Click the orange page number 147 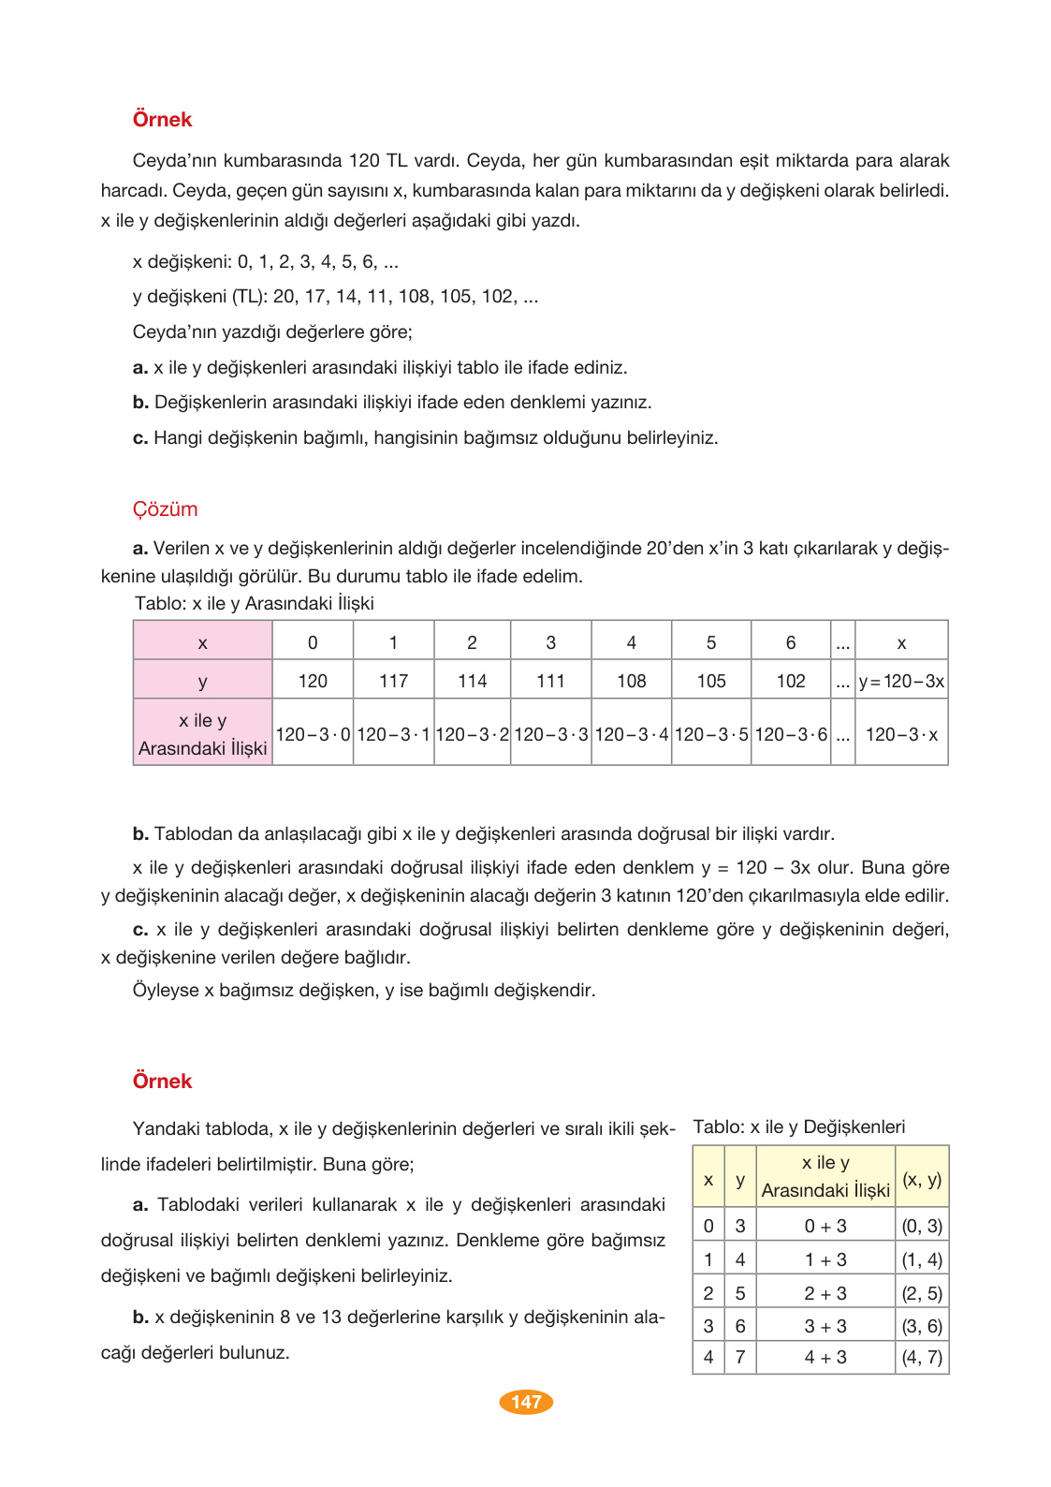pyautogui.click(x=526, y=1402)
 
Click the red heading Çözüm pyautogui.click(x=165, y=509)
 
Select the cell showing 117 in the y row pyautogui.click(x=393, y=681)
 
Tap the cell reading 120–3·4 pyautogui.click(x=631, y=735)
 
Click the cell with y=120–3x pyautogui.click(x=901, y=681)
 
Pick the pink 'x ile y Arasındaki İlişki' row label pyautogui.click(x=202, y=734)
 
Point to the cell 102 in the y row pyautogui.click(x=790, y=681)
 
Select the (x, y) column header pyautogui.click(x=922, y=1179)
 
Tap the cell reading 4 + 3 pyautogui.click(x=825, y=1357)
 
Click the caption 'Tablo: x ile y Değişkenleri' pyautogui.click(x=798, y=1126)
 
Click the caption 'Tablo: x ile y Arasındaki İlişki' pyautogui.click(x=255, y=603)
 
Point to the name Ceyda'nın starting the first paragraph pyautogui.click(x=174, y=160)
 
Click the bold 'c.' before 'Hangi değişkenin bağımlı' pyautogui.click(x=140, y=437)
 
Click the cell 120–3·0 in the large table pyautogui.click(x=313, y=735)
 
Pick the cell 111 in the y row pyautogui.click(x=550, y=681)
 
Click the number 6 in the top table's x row pyautogui.click(x=790, y=642)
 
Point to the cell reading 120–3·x pyautogui.click(x=901, y=735)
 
